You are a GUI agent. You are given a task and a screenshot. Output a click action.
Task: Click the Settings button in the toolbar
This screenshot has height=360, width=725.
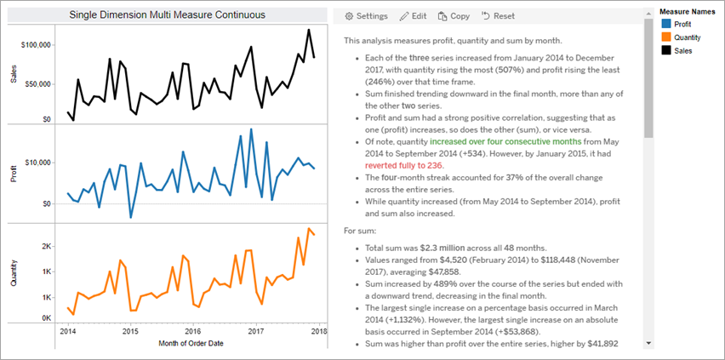(x=365, y=16)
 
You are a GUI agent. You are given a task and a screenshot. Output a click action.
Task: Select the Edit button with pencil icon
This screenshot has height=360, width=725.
(x=413, y=16)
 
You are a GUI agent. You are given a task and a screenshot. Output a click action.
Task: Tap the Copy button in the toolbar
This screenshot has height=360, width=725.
(x=454, y=16)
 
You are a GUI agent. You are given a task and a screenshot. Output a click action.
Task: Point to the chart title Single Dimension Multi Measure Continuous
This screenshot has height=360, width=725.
(x=166, y=15)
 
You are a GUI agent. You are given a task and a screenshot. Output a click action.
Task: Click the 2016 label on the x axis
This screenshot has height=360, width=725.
(x=193, y=331)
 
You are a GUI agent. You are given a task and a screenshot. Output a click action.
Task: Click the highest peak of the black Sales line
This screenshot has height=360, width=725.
(x=308, y=30)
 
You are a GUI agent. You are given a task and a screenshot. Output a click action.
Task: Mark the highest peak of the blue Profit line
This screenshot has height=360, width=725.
(x=251, y=130)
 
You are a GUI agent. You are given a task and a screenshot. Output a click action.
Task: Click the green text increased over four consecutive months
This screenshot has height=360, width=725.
(x=505, y=140)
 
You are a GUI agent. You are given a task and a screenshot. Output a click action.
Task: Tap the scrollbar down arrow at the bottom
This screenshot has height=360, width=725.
(x=648, y=342)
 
